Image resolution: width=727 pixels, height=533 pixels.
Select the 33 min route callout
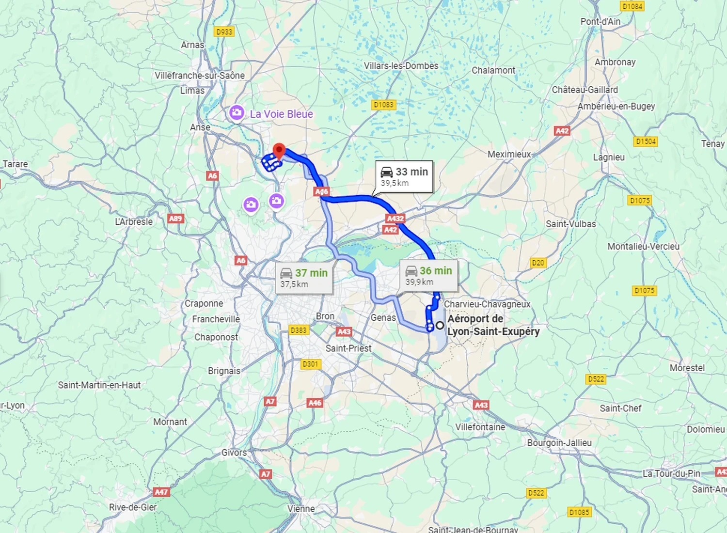click(404, 177)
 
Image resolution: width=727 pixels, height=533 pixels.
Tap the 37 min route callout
click(304, 278)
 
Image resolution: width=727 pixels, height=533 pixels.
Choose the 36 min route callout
click(428, 276)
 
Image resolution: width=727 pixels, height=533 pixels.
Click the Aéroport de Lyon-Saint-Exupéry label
click(493, 325)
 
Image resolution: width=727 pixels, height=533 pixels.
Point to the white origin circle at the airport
click(440, 326)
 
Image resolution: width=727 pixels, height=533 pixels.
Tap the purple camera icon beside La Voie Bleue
click(237, 113)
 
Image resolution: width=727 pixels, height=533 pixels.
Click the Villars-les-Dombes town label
click(401, 66)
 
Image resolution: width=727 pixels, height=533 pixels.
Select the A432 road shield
click(395, 219)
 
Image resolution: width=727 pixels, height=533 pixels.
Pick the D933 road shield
click(224, 32)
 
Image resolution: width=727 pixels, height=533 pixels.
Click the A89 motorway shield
click(175, 219)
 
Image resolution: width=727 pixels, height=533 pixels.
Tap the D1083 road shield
click(384, 105)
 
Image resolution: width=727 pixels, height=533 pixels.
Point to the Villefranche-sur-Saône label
click(200, 76)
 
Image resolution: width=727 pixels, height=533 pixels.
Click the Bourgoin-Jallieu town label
click(559, 443)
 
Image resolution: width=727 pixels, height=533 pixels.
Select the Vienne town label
click(301, 509)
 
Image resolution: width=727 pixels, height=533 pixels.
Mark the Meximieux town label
click(509, 154)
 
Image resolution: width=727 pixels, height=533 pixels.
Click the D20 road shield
click(538, 263)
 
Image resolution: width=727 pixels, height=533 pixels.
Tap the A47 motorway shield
click(161, 492)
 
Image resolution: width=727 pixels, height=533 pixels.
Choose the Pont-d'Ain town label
click(600, 21)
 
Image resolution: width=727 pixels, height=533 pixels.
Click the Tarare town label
click(16, 164)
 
